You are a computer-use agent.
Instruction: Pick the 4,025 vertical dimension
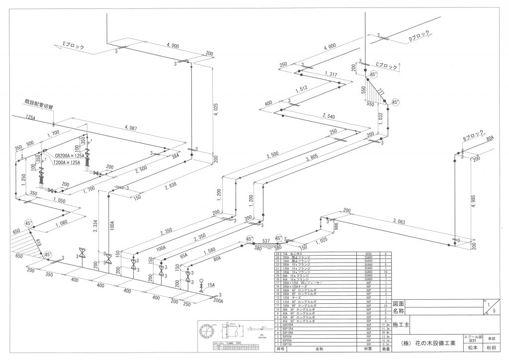click(x=215, y=105)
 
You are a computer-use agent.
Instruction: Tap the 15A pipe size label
click(x=211, y=285)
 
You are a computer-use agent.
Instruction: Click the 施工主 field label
click(x=401, y=325)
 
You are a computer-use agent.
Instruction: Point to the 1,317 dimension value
click(x=331, y=74)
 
